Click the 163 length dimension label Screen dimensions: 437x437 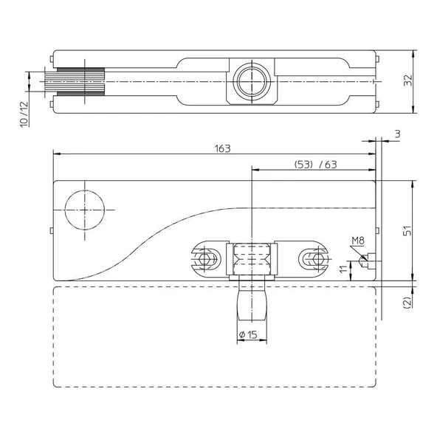tap(223, 149)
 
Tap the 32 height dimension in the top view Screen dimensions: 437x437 tap(408, 80)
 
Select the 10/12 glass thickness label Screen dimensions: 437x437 tap(24, 114)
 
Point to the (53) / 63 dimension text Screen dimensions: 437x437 tap(316, 165)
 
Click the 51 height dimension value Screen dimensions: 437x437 tap(407, 230)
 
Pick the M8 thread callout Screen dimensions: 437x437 tap(358, 241)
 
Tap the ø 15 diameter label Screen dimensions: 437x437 tap(248, 334)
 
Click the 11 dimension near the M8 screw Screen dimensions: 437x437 tap(344, 269)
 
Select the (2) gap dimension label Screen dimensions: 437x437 tap(407, 303)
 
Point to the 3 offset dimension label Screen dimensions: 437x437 tap(398, 134)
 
